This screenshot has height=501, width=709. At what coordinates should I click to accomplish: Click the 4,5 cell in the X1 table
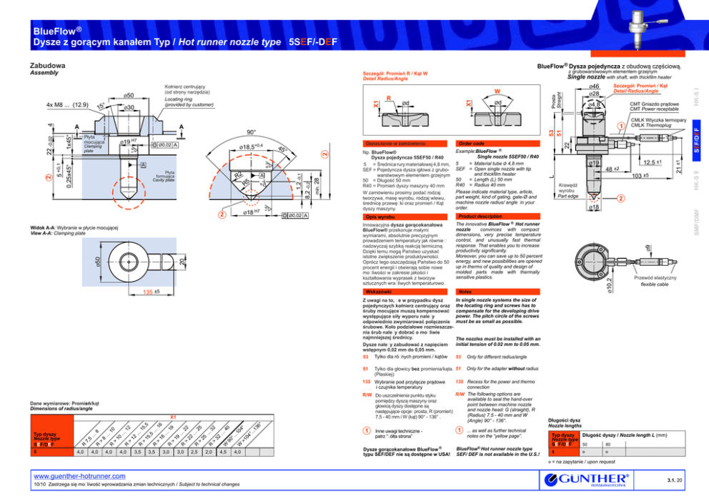tap(223, 452)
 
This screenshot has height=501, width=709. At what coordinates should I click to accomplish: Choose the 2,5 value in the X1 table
tap(194, 452)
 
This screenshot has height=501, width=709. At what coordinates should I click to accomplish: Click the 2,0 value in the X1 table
tap(209, 452)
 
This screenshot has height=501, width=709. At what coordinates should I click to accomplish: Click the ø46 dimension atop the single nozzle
tap(593, 86)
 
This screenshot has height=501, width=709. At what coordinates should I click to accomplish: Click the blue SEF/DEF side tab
tap(703, 140)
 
